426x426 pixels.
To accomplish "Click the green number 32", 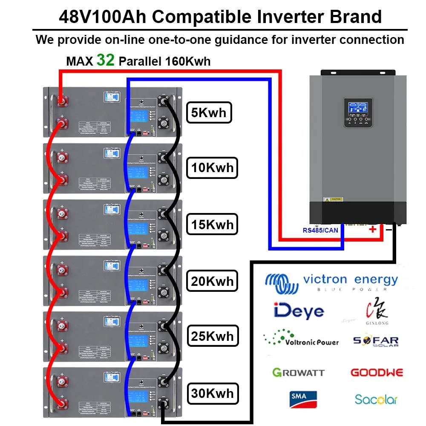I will pyautogui.click(x=105, y=60).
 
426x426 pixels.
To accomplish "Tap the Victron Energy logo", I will pyautogui.click(x=331, y=282).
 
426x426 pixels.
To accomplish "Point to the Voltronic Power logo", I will pyautogui.click(x=301, y=339).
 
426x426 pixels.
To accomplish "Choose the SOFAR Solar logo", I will pyautogui.click(x=376, y=342).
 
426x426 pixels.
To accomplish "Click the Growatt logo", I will pyautogui.click(x=298, y=372).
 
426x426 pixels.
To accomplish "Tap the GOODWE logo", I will pyautogui.click(x=377, y=372).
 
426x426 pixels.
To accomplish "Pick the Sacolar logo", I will pyautogui.click(x=376, y=399).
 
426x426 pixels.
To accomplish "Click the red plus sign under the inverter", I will pyautogui.click(x=372, y=230).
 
